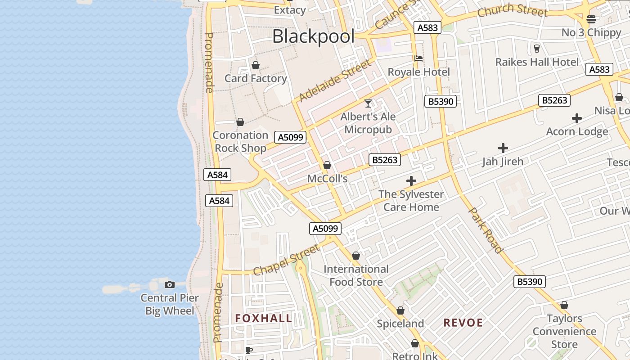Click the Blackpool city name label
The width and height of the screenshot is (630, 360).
[313, 36]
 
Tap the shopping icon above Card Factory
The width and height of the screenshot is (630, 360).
[256, 66]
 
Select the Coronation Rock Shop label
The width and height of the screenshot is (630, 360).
[240, 141]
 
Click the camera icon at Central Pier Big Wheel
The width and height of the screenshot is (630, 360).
[170, 284]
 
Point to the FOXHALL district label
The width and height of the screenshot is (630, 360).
[263, 319]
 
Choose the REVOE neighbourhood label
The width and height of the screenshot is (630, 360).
[463, 323]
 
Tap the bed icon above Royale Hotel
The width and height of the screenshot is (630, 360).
[418, 58]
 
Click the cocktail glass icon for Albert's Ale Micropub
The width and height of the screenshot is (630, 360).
[368, 103]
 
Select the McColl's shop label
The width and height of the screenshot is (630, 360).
[328, 179]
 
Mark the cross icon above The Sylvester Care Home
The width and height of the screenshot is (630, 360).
[411, 181]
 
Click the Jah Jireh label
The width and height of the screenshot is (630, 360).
[503, 162]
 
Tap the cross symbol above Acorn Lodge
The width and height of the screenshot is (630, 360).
[577, 118]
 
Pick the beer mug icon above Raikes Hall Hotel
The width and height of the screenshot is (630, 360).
[536, 49]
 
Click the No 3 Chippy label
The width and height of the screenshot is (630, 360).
[591, 32]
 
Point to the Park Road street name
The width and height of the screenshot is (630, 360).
[486, 230]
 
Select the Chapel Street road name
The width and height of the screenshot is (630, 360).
[287, 260]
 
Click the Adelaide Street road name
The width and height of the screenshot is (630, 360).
[336, 80]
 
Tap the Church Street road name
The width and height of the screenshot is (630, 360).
[512, 10]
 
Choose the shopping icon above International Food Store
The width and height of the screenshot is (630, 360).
[356, 256]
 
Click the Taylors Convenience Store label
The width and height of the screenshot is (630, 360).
[564, 332]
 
